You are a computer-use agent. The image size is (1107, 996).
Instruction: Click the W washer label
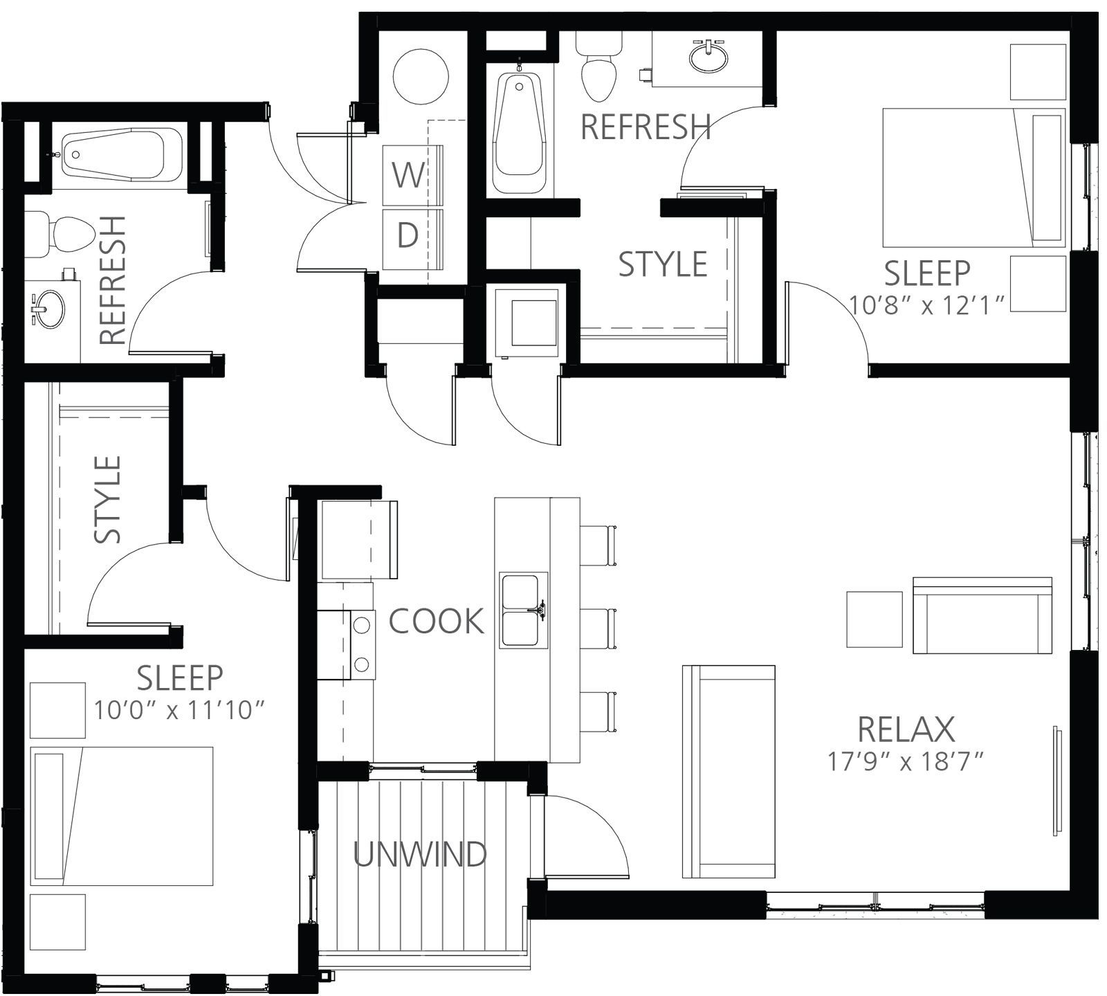pos(408,175)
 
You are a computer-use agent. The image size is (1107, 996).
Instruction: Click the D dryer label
pos(408,236)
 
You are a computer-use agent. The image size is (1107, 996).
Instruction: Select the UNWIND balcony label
pos(420,855)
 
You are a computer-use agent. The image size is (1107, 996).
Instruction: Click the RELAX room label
pos(906,729)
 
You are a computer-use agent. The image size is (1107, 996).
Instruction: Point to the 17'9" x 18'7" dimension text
pos(906,762)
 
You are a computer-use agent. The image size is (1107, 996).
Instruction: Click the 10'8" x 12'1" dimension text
pos(926,305)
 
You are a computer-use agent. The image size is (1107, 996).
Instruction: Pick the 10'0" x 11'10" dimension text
pos(180,710)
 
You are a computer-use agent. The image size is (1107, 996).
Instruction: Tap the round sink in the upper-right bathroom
pos(708,56)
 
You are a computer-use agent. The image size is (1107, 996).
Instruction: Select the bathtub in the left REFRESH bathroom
pos(122,156)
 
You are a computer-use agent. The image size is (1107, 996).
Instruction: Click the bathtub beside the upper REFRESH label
pos(518,134)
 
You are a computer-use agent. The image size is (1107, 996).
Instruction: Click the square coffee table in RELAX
pos(875,619)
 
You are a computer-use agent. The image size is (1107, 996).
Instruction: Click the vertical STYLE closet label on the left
pos(109,499)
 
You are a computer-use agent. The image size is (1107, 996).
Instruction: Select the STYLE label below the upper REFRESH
pos(663,264)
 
